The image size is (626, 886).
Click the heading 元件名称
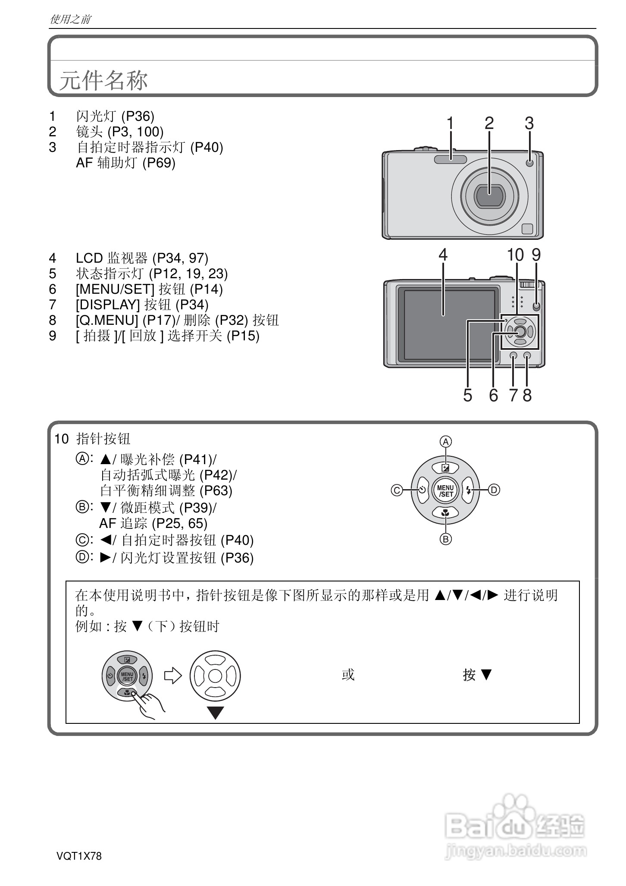tap(103, 80)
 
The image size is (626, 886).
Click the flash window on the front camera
tap(451, 159)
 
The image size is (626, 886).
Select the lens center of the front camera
tap(489, 195)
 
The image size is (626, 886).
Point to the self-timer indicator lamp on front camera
tap(529, 163)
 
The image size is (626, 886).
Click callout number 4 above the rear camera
tap(443, 255)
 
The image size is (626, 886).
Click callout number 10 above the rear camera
tap(515, 255)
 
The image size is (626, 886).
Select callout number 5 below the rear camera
tap(468, 395)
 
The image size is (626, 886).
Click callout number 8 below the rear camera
tap(527, 395)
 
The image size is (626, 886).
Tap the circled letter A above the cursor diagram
tap(445, 442)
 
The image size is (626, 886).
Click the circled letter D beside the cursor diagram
tap(494, 490)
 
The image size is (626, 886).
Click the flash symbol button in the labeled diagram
tap(469, 490)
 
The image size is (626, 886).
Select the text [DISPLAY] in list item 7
tap(108, 305)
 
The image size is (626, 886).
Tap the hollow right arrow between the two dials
tap(173, 675)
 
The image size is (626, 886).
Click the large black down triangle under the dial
tap(215, 713)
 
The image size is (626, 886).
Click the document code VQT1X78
tap(79, 856)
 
